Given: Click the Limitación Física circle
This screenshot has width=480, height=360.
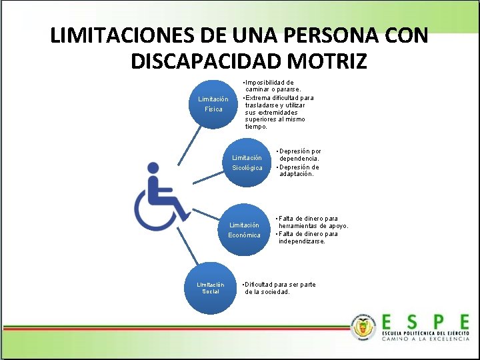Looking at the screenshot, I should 213,105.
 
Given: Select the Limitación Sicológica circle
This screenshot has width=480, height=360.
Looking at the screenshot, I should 247,163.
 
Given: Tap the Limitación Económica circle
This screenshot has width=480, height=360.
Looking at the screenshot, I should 244,230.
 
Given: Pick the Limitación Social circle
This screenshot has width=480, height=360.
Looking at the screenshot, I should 211,288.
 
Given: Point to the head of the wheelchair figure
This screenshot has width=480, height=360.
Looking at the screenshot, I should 153,170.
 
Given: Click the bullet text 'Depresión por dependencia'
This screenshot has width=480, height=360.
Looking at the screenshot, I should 299,155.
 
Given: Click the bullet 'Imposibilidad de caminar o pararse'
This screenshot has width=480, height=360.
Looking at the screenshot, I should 273,86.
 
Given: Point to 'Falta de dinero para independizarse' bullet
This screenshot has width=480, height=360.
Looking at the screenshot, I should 307,237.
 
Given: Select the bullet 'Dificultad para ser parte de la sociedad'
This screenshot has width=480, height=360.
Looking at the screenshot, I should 280,288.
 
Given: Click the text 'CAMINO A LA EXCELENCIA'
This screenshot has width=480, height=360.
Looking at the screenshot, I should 425,339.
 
